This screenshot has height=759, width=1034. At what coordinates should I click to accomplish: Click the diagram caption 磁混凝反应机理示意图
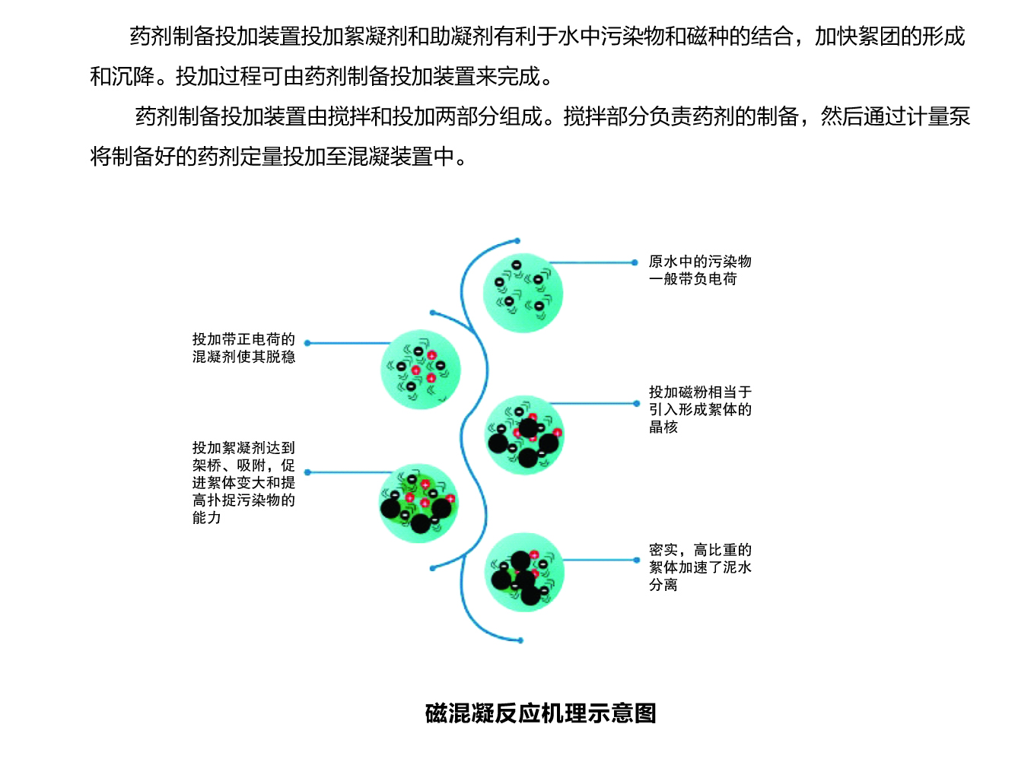[x=540, y=713]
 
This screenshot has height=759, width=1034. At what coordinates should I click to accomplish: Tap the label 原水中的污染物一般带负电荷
[x=700, y=271]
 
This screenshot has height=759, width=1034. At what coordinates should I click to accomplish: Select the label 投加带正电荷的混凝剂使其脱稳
[x=243, y=348]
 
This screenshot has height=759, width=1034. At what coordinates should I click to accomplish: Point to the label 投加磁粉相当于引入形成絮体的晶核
[x=700, y=409]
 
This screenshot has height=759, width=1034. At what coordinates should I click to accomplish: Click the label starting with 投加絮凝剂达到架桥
[x=243, y=482]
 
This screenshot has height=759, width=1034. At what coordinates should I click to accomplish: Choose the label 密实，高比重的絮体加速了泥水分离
[x=700, y=567]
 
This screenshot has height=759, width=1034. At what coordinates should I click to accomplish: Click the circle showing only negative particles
[x=523, y=293]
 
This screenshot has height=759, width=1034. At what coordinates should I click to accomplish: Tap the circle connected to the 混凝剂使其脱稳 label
[x=421, y=370]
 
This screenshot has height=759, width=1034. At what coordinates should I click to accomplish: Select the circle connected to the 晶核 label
[x=524, y=435]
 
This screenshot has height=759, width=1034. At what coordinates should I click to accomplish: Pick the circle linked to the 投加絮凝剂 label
[x=418, y=503]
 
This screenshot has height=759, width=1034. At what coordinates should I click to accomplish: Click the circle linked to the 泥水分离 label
[x=524, y=573]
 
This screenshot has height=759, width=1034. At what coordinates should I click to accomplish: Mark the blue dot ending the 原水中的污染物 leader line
[x=635, y=262]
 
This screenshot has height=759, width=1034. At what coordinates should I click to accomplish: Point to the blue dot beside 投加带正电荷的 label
[x=307, y=343]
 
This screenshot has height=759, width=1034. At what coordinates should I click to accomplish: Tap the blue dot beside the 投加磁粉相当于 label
[x=637, y=404]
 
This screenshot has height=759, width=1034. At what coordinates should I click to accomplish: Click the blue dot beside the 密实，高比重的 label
[x=637, y=561]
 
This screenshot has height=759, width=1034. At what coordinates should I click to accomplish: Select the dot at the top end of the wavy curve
[x=517, y=240]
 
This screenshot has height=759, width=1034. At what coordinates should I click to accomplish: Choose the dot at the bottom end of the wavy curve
[x=520, y=640]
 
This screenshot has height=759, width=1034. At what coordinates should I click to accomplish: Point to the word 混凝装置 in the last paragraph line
[x=390, y=157]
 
